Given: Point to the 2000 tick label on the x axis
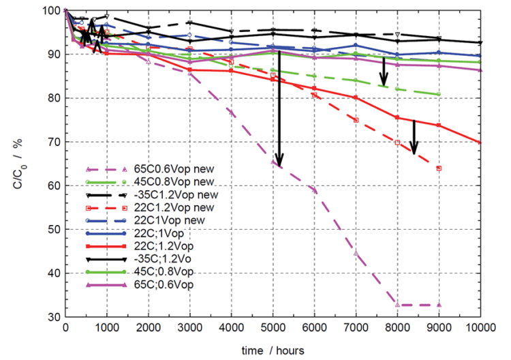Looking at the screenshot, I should (x=148, y=329).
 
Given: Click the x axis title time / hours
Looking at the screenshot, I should (x=273, y=349).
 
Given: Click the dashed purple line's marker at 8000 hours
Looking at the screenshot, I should (x=397, y=305).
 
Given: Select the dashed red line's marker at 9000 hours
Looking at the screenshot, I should (x=439, y=168).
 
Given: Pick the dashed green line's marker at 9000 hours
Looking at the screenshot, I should (x=439, y=94).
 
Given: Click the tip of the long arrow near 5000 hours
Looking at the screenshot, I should (x=278, y=166).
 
